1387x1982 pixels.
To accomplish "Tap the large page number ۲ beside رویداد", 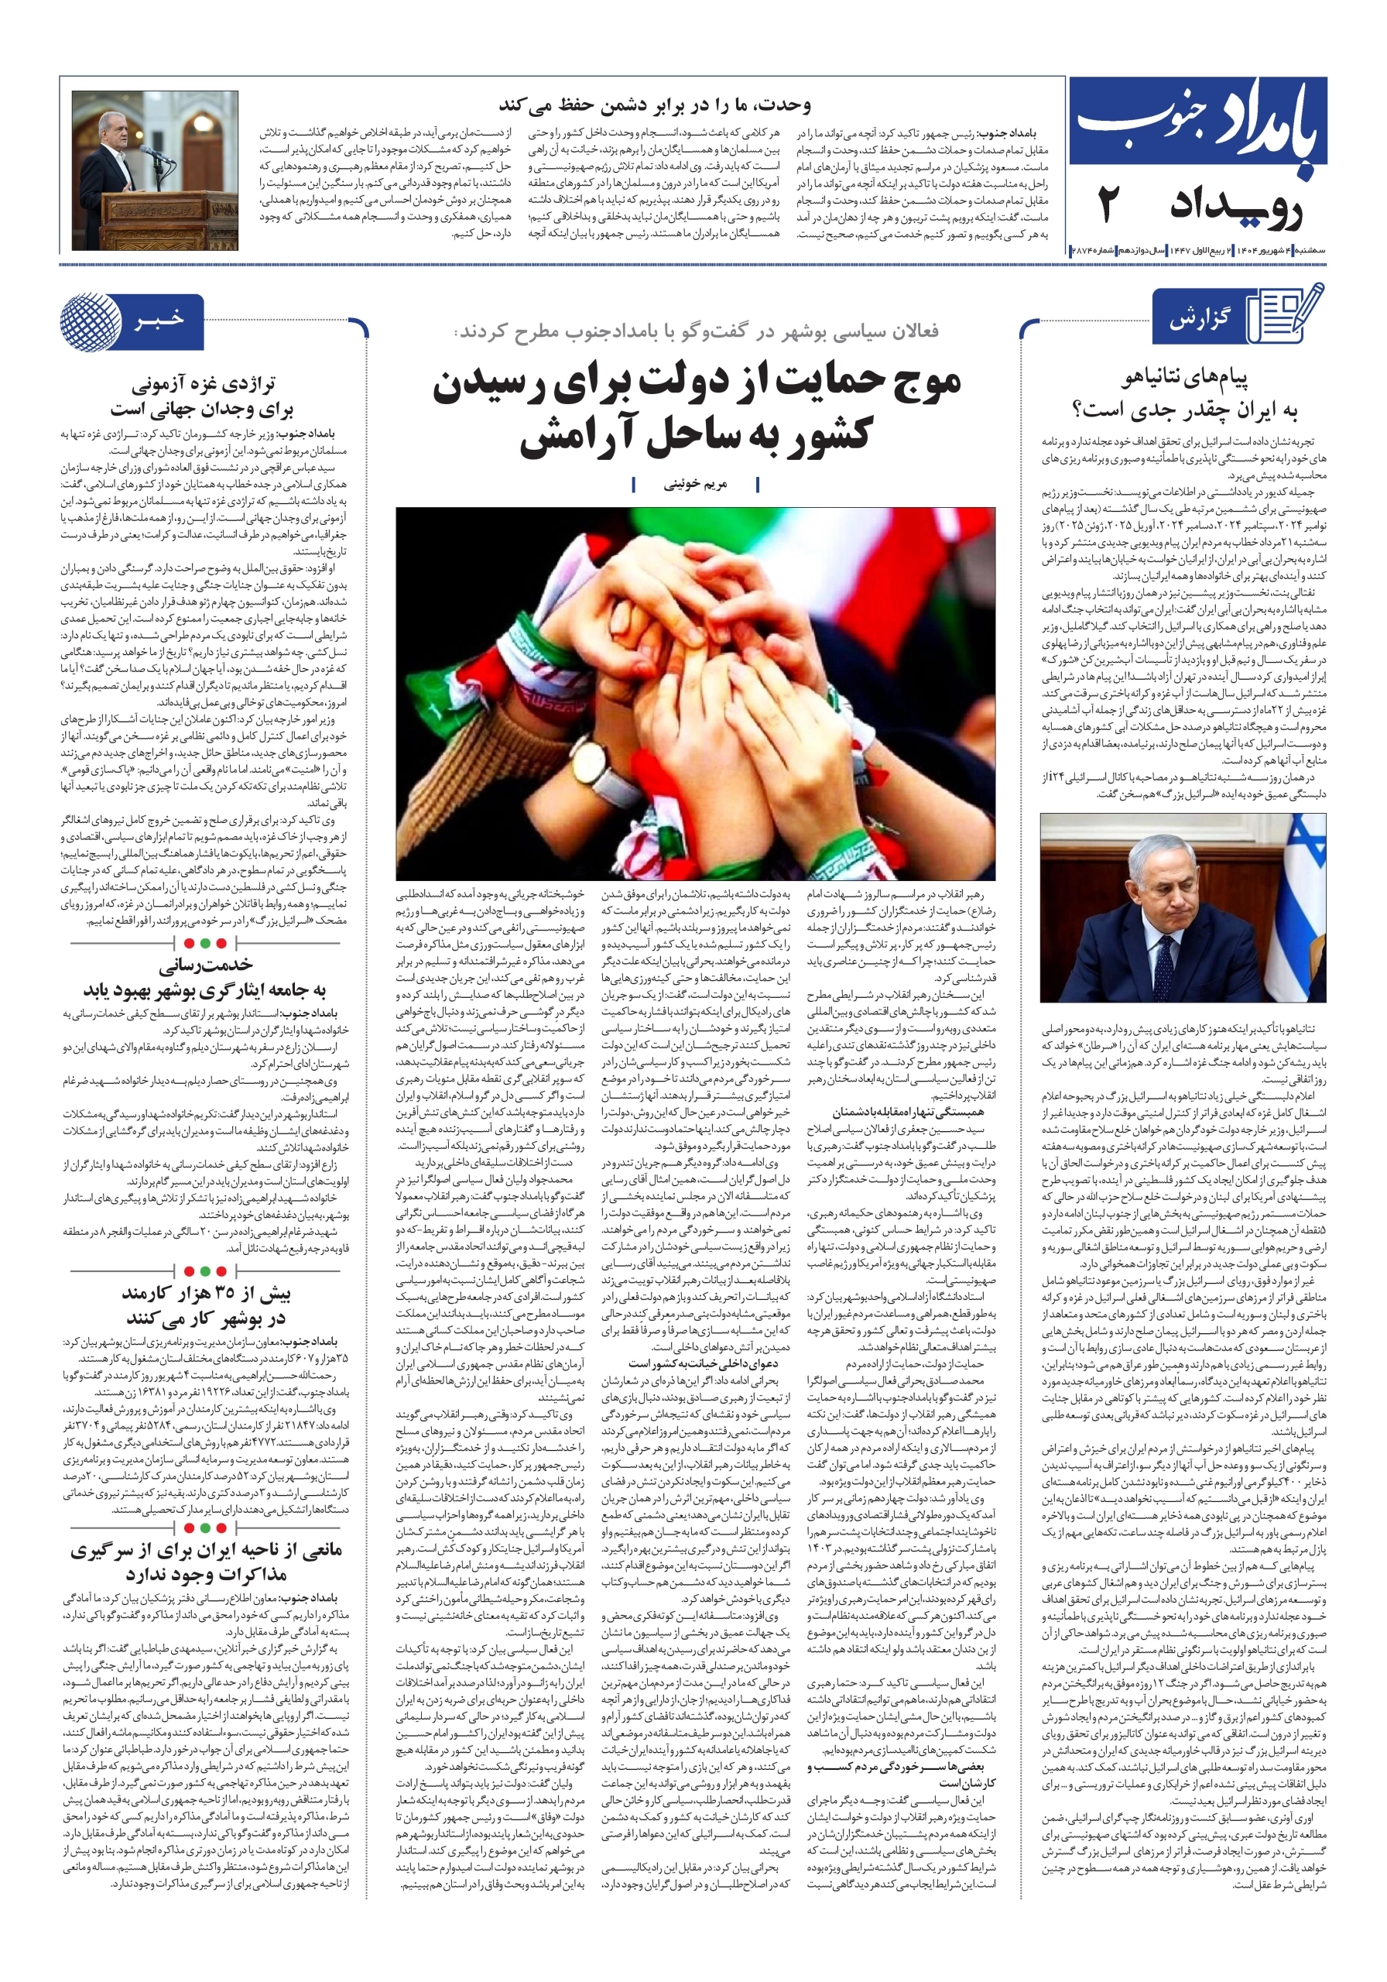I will coord(1109,206).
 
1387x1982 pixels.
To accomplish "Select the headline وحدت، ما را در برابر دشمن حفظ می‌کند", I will coord(655,106).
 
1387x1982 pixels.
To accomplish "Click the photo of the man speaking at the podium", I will coord(156,170).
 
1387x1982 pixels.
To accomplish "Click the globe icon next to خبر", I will coord(91,321).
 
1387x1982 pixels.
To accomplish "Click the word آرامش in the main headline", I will coord(587,437).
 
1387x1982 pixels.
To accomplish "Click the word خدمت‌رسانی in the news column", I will coord(204,964).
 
